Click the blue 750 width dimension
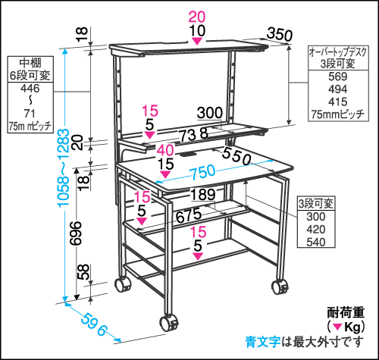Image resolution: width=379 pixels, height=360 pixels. [203, 172]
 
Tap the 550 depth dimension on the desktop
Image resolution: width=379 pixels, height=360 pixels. [236, 156]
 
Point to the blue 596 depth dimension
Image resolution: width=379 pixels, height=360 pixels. [94, 324]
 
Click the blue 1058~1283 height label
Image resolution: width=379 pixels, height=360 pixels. [63, 168]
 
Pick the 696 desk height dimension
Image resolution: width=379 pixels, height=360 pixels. [76, 233]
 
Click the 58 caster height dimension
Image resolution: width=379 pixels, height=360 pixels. [83, 272]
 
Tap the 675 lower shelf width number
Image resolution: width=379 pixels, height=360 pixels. [189, 215]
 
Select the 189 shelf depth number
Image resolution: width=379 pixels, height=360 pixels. [203, 195]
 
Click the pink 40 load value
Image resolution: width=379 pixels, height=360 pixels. [165, 151]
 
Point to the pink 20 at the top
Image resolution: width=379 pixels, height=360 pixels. [197, 17]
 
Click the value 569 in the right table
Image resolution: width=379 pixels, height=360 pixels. [338, 77]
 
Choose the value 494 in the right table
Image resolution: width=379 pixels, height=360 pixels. [338, 89]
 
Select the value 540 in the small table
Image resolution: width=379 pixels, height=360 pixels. [316, 242]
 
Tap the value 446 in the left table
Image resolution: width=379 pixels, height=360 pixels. [30, 89]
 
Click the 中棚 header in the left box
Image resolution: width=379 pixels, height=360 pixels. [30, 63]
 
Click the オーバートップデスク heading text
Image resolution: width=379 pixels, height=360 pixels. [338, 52]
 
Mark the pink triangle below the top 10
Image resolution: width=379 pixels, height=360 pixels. [197, 41]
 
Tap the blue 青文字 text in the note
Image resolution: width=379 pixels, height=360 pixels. [262, 342]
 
